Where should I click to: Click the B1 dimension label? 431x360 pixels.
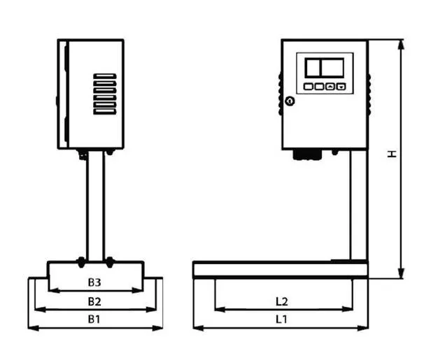click(94, 319)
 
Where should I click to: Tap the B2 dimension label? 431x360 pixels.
click(94, 301)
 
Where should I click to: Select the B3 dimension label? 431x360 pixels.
click(94, 282)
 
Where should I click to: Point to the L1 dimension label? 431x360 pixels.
click(281, 319)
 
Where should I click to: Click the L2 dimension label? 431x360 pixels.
click(282, 301)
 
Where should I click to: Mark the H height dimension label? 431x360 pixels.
click(392, 154)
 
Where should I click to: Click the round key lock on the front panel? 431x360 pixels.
click(290, 101)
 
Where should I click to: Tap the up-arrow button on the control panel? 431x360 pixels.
click(330, 87)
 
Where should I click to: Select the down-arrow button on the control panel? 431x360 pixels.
click(341, 87)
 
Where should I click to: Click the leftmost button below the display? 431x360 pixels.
click(308, 87)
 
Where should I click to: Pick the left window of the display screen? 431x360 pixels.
click(313, 68)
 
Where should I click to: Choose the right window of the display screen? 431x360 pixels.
click(332, 68)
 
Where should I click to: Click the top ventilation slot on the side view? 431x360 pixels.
click(105, 76)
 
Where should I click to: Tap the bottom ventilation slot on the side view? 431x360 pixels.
click(105, 111)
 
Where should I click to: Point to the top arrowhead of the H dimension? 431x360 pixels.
click(401, 44)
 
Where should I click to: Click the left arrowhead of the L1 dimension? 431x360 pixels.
click(198, 328)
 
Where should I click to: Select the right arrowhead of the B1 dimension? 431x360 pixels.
click(158, 328)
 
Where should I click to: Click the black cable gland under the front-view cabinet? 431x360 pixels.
click(307, 154)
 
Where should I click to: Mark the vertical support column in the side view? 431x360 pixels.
click(96, 206)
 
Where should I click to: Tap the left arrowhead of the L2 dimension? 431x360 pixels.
click(220, 310)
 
